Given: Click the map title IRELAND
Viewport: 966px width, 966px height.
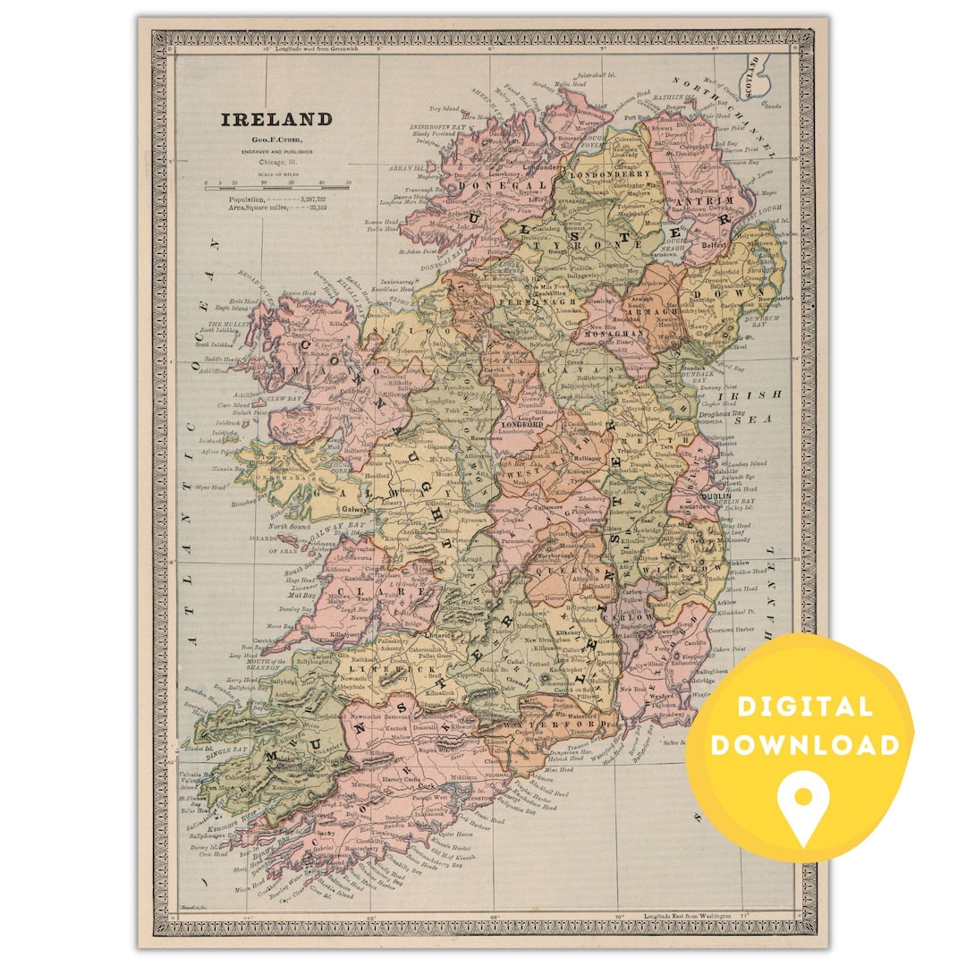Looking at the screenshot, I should click(276, 120).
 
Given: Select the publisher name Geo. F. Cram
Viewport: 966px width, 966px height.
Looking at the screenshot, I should click(276, 140).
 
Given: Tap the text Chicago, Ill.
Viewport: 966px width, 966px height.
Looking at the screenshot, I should click(276, 163).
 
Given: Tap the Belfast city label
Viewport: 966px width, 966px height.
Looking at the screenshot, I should click(712, 243).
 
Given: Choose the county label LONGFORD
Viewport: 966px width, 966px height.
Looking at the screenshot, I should click(522, 424).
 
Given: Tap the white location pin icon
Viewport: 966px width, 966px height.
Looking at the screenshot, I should click(801, 801).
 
